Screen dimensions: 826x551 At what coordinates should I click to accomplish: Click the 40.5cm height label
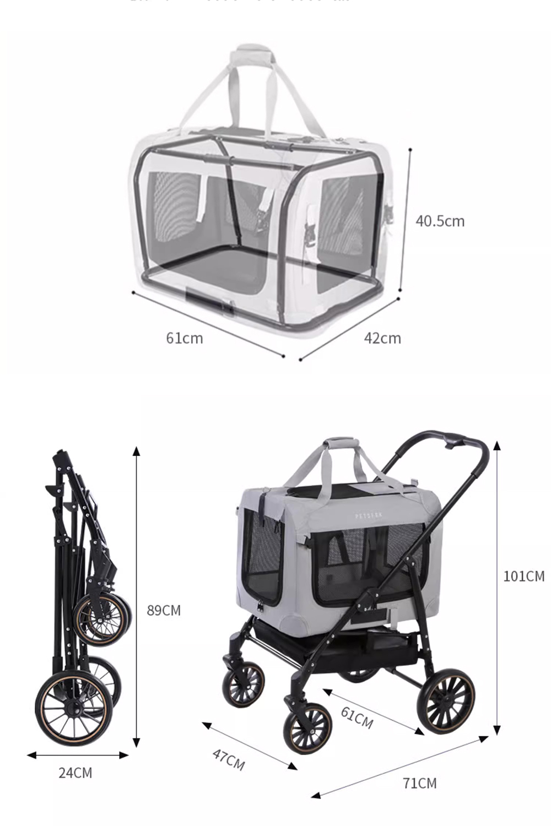click(x=440, y=221)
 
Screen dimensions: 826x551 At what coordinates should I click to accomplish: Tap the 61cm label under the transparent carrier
click(x=185, y=338)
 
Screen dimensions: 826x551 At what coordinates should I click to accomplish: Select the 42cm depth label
click(x=382, y=338)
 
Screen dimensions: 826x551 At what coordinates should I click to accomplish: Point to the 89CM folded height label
click(x=164, y=610)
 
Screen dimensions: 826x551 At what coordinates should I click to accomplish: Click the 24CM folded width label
click(x=75, y=773)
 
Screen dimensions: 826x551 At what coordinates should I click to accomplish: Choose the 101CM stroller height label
click(x=523, y=577)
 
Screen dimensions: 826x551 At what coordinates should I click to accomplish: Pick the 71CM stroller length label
click(x=419, y=783)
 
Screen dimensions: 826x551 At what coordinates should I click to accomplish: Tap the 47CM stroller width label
click(x=228, y=759)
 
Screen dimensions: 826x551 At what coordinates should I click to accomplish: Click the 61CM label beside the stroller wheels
click(x=357, y=717)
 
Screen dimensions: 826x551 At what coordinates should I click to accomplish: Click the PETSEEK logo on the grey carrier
click(x=369, y=516)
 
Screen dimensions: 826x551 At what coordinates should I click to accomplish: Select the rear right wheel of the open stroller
click(x=446, y=702)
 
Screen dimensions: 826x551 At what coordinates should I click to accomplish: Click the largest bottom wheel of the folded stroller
click(x=69, y=710)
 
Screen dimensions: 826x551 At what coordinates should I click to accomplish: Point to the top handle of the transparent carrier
click(x=252, y=55)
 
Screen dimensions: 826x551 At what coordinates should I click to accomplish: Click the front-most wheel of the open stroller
click(x=307, y=728)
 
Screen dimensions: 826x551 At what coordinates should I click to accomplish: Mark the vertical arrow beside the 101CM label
click(x=497, y=588)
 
